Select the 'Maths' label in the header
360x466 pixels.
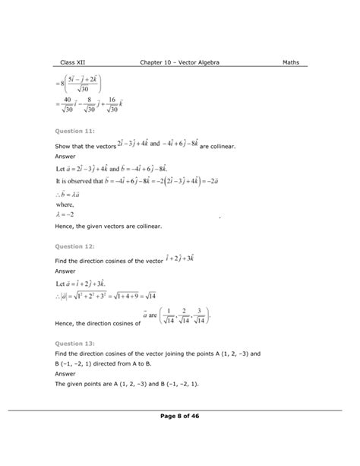click(292, 62)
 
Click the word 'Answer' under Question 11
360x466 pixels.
click(67, 156)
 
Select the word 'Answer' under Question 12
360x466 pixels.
click(67, 268)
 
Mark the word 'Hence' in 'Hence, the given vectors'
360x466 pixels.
click(67, 227)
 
